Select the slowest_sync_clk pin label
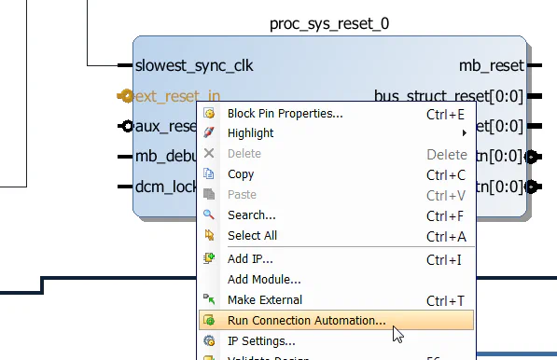point(194,66)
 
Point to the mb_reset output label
point(491,66)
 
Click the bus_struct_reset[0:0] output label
point(448,95)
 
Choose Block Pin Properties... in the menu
point(285,114)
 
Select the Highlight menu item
point(250,133)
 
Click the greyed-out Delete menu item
point(244,154)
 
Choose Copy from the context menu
point(241,174)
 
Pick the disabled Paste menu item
point(242,195)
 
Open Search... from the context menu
point(251,215)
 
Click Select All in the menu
point(252,236)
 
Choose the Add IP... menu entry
point(250,258)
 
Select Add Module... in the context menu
point(264,279)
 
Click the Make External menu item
point(265,300)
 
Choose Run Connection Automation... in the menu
point(306,321)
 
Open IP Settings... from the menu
point(261,341)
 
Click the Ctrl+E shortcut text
point(445,114)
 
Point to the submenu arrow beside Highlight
point(464,133)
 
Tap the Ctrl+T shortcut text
point(445,300)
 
